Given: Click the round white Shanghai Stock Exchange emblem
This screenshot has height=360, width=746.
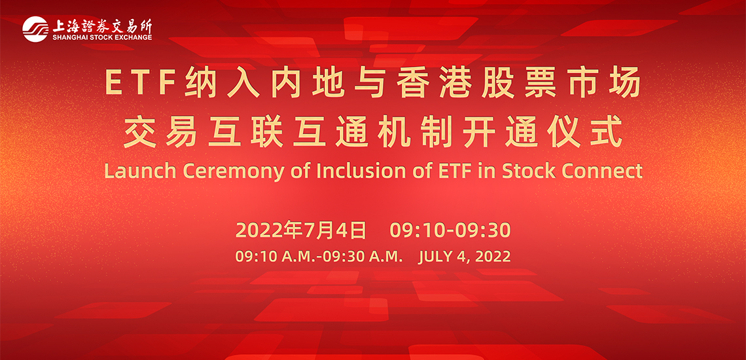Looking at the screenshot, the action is click(35, 29).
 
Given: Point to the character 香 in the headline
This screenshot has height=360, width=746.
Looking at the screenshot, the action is click(410, 83).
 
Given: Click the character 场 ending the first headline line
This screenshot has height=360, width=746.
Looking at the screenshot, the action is click(627, 83).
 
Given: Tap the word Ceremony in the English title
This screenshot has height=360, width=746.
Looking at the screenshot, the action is click(209, 172).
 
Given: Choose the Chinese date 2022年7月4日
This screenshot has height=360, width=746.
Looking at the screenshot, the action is click(301, 230).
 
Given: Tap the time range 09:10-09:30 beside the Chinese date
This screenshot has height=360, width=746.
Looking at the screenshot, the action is click(450, 230).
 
